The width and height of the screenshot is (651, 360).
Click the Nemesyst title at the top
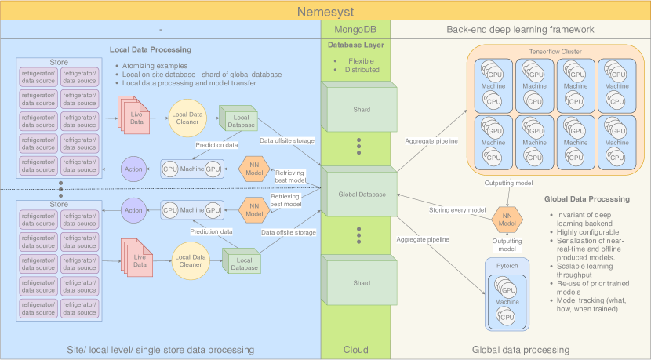[325, 11]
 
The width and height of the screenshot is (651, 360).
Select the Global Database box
[355, 195]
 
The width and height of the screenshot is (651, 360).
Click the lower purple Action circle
[133, 209]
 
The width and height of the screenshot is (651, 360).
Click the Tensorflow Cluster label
[555, 51]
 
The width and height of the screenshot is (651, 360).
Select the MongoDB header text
[355, 29]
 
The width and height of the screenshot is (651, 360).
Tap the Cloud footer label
[355, 350]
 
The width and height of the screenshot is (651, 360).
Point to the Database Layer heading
[355, 45]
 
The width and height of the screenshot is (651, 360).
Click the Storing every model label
[457, 210]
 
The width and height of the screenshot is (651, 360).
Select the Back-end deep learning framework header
[521, 29]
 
